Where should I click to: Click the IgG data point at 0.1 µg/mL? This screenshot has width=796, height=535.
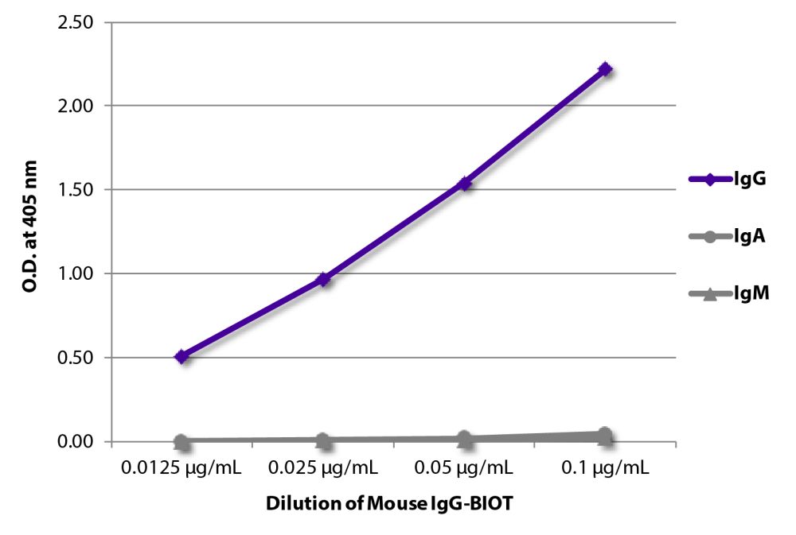click(605, 69)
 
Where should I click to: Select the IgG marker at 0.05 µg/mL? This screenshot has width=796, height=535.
click(464, 184)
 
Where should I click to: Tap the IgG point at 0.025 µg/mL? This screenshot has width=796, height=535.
click(323, 279)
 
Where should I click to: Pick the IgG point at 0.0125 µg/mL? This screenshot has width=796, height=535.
click(181, 356)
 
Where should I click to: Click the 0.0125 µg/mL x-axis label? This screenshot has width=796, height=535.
click(181, 467)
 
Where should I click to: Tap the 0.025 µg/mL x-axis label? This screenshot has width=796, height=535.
click(323, 467)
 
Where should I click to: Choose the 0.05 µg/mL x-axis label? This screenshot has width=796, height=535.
click(464, 467)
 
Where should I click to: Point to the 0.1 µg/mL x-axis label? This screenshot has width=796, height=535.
click(605, 467)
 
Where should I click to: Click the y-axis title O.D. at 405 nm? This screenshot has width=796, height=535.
click(31, 232)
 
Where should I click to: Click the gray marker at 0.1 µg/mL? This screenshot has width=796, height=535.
click(605, 434)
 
